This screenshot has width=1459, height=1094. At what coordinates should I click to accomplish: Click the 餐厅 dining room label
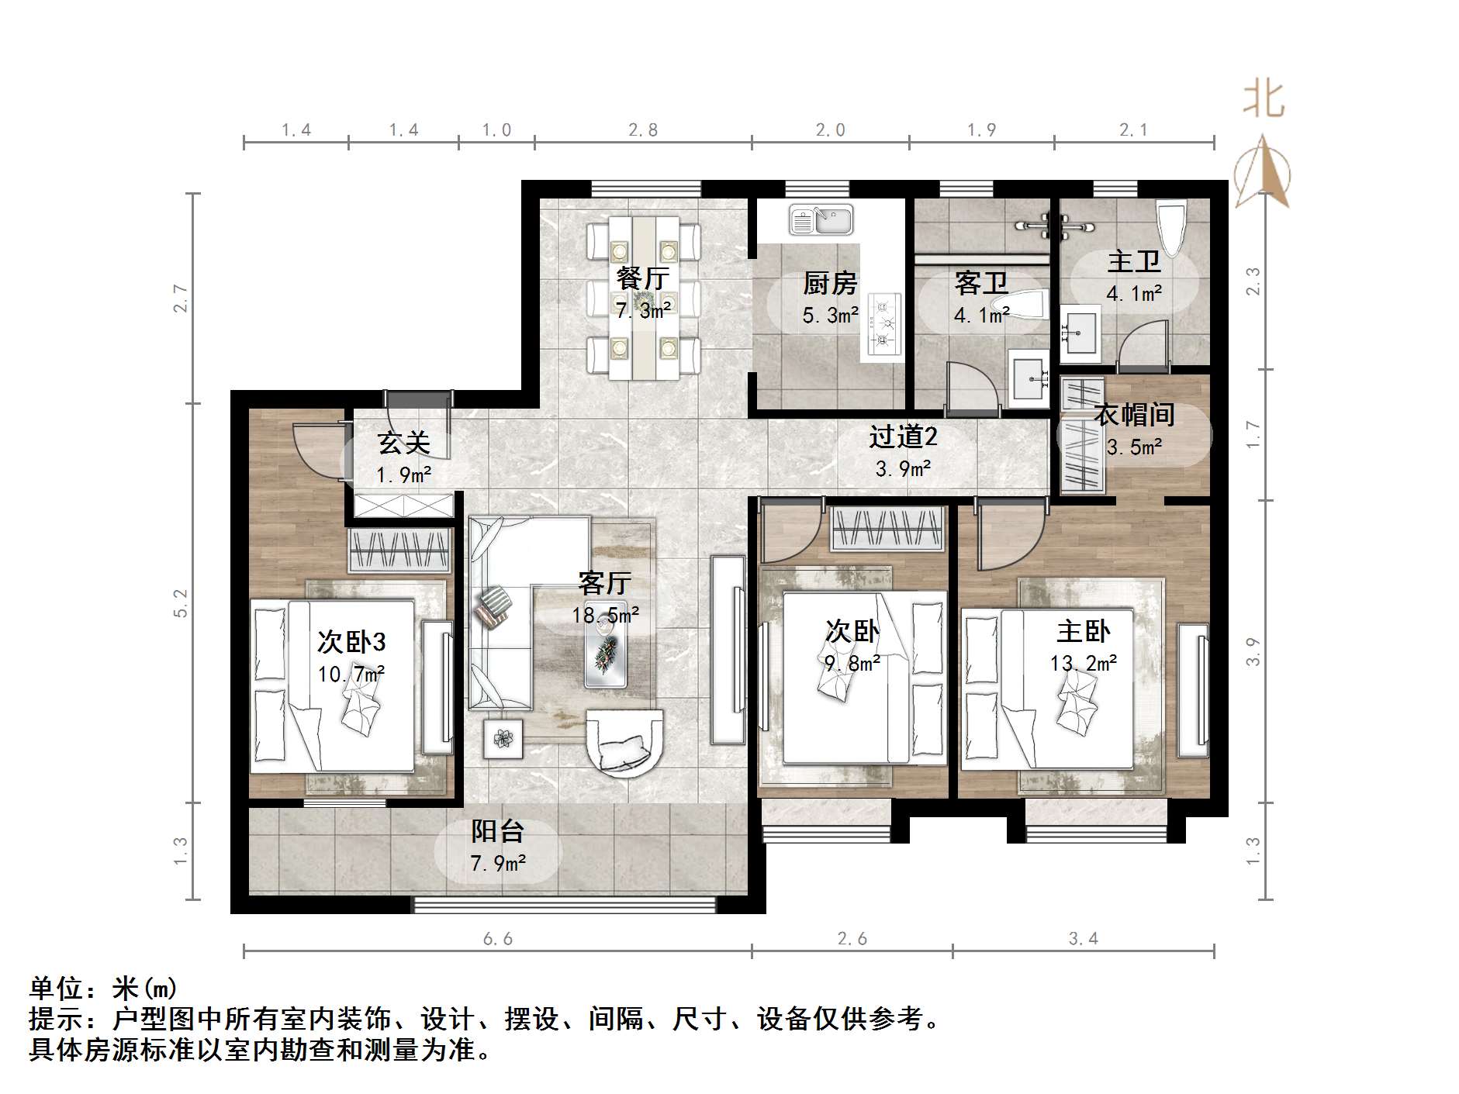coord(642,278)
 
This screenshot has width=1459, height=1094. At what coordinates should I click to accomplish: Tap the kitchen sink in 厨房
coord(821,219)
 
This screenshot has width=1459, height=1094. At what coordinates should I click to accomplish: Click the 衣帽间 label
coord(1134,415)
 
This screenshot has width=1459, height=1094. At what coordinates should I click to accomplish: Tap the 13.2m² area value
coord(1084,664)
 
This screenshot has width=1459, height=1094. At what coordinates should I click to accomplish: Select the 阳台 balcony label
coord(498,831)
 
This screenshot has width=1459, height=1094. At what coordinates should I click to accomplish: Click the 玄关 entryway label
coord(403,443)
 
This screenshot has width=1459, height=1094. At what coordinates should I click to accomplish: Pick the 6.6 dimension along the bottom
coord(498,940)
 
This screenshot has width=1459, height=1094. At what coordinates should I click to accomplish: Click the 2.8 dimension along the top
coord(643,130)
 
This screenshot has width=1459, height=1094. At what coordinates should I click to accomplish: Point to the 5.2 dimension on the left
coord(181,603)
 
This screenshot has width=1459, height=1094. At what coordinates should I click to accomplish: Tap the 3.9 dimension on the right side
coord(1253,651)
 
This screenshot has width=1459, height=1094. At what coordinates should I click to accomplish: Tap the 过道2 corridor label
coord(903,437)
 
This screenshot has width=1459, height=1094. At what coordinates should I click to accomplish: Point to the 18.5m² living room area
coord(606,616)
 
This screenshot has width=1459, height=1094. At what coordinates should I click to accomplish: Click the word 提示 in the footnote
coord(56,1019)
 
